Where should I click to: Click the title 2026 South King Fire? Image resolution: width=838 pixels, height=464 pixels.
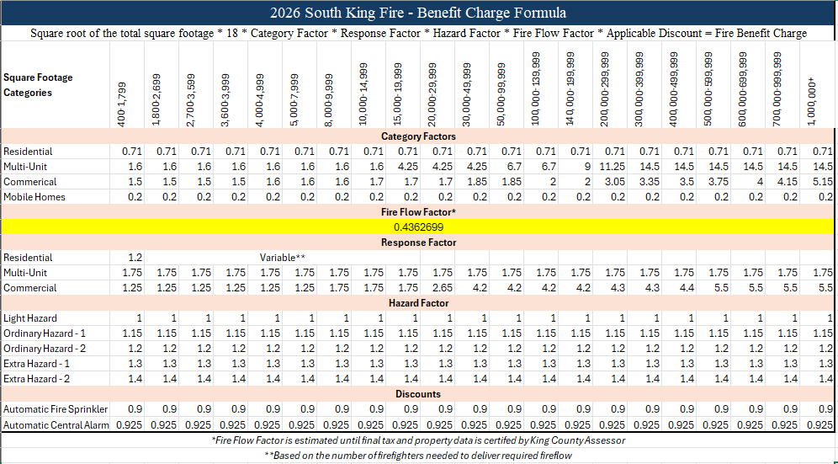418,13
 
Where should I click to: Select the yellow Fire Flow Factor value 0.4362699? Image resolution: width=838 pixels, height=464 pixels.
418,227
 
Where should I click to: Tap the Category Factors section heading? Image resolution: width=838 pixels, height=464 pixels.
418,136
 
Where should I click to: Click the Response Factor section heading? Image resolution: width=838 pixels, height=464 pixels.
418,243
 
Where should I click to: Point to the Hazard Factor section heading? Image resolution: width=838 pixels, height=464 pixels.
418,303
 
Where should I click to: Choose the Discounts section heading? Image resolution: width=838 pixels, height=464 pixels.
418,394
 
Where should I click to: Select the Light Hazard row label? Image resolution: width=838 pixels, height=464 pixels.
30,318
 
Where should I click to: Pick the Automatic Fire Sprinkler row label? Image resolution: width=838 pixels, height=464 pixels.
50,409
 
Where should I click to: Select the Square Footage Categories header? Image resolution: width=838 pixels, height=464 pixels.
38,85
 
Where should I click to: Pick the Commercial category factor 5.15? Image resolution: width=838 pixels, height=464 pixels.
820,182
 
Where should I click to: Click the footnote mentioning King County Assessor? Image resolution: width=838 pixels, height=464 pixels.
418,440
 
